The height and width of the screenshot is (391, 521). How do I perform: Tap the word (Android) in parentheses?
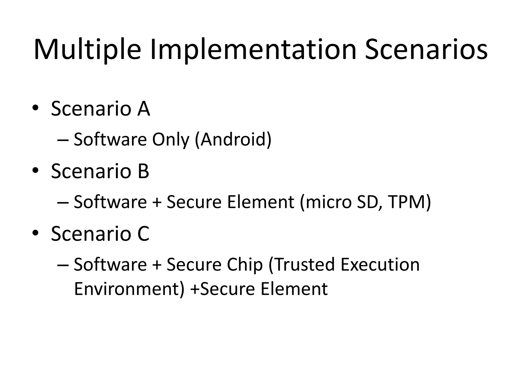pos(233,140)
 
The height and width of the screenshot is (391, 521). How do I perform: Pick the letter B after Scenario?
pos(143,171)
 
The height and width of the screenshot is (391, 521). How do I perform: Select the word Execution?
pos(380,264)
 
